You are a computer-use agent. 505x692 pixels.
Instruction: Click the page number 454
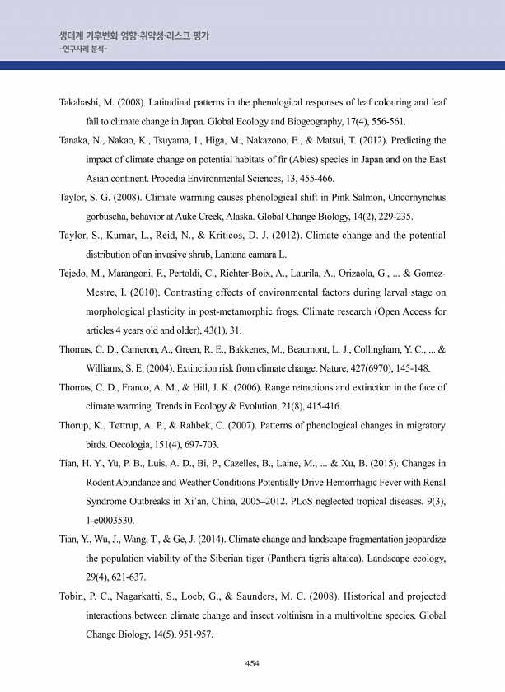[253, 663]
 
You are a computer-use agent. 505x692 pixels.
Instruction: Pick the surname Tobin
[73, 596]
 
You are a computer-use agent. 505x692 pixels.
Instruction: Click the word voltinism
[282, 615]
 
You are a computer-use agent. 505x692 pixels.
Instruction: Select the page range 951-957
[194, 634]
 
